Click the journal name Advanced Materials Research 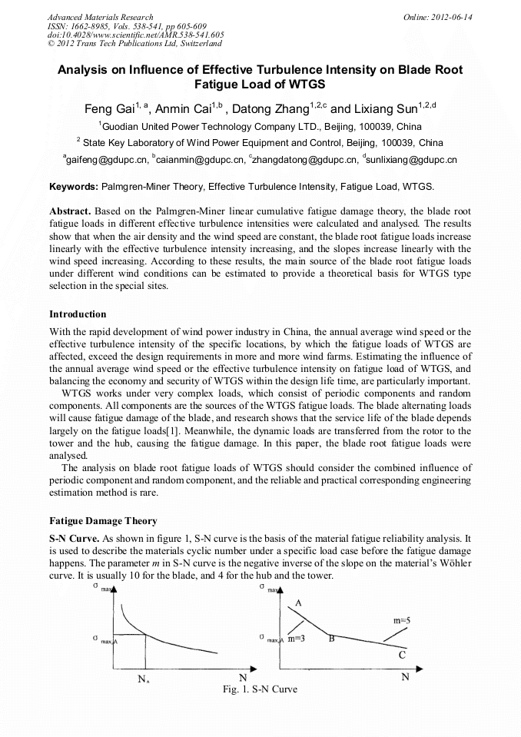[100, 17]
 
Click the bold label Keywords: [74, 187]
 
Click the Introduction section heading [78, 314]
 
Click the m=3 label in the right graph [297, 639]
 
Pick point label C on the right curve [401, 656]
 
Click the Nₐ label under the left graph [144, 679]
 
